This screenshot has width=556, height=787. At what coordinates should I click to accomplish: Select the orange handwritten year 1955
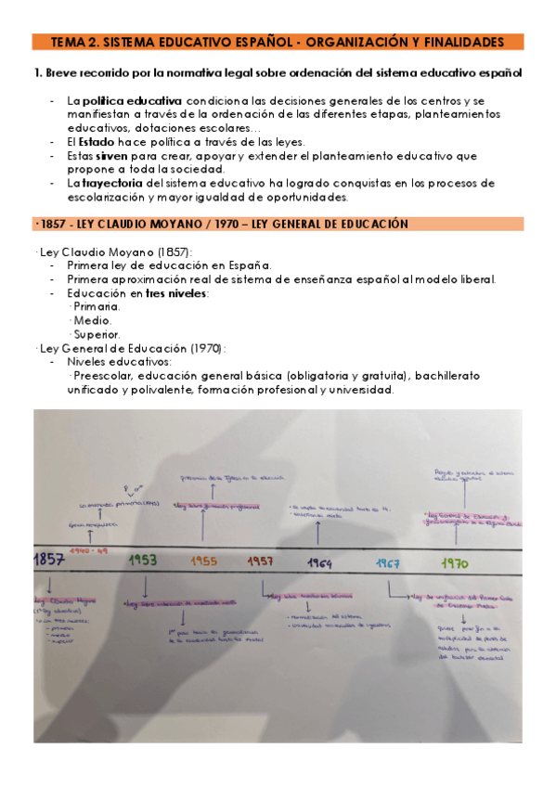(x=204, y=560)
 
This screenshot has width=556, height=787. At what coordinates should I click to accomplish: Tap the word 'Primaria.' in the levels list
(x=96, y=307)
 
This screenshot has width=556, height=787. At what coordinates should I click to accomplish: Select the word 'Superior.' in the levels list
(x=96, y=334)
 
